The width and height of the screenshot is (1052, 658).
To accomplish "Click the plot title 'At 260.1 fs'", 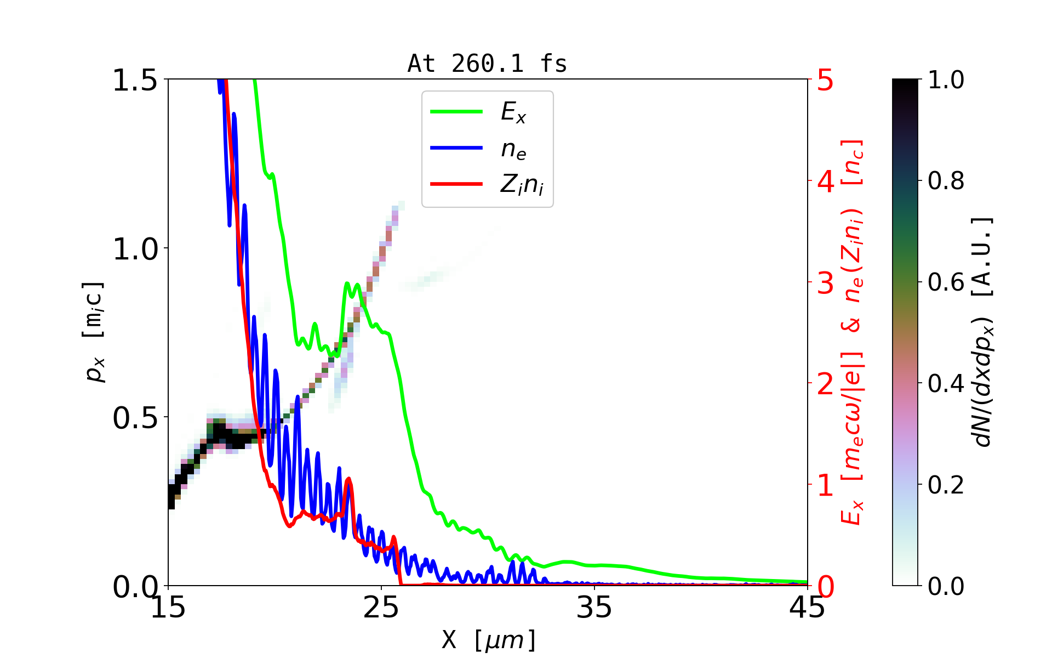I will [x=487, y=64].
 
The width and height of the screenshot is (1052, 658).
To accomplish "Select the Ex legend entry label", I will [x=513, y=112].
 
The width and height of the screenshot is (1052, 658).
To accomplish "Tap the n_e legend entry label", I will [x=513, y=149].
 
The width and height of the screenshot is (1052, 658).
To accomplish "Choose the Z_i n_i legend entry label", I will [x=522, y=185].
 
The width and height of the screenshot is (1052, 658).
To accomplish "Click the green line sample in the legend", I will [x=456, y=112].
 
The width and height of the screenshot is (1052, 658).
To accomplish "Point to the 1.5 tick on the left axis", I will [x=135, y=80].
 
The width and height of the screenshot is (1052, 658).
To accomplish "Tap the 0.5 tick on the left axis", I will [x=135, y=418].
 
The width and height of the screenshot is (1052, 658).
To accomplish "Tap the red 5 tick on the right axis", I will [x=825, y=81].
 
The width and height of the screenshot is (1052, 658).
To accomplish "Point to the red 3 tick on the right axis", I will [x=825, y=283].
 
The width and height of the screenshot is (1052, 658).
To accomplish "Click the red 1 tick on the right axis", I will [x=825, y=485].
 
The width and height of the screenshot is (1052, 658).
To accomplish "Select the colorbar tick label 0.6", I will [x=946, y=282].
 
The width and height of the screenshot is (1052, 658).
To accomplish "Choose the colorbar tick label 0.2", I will [x=946, y=485].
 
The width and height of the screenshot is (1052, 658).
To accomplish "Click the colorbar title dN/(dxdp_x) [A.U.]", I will [x=984, y=332].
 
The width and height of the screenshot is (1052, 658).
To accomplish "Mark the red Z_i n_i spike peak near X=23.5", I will [x=348, y=479].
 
